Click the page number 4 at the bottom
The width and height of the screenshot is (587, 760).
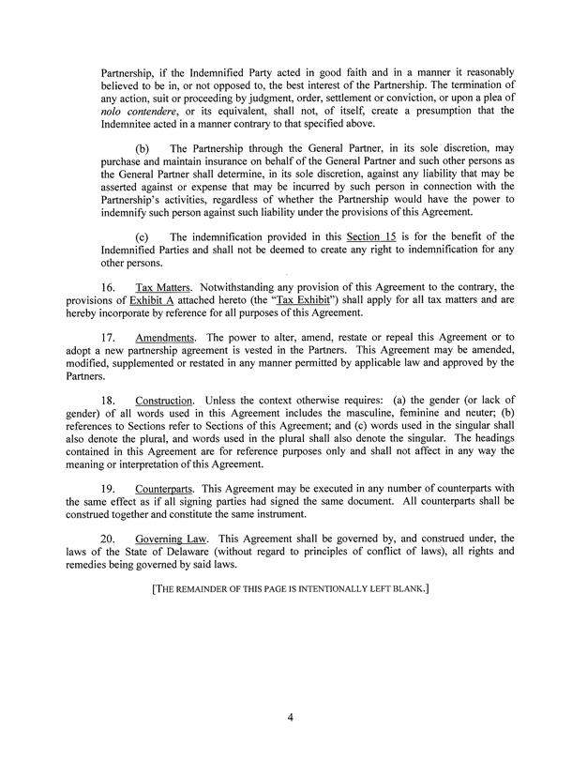point(292,720)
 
